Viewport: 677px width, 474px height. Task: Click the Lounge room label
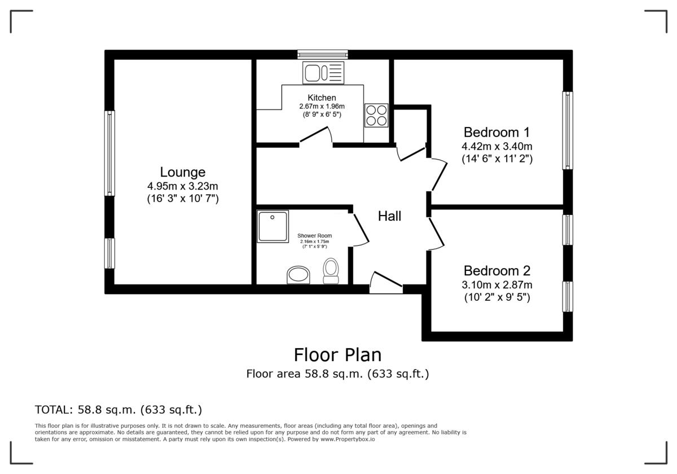click(x=182, y=172)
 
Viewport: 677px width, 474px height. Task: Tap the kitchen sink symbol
click(x=323, y=73)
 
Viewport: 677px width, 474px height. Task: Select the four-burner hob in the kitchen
click(x=376, y=115)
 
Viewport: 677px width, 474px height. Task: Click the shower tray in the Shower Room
click(x=273, y=226)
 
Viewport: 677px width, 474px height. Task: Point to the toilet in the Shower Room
click(x=331, y=270)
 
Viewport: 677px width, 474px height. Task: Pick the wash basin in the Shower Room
click(x=298, y=275)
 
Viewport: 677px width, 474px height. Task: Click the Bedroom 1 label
click(x=496, y=133)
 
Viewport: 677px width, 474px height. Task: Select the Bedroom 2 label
click(x=496, y=271)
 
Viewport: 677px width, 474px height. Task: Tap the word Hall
click(x=389, y=216)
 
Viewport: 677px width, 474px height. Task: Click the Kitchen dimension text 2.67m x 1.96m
click(x=322, y=106)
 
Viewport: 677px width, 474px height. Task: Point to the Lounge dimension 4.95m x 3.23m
click(x=182, y=186)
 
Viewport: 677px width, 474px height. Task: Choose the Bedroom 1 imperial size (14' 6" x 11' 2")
click(x=496, y=159)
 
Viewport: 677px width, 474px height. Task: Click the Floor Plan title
click(x=337, y=355)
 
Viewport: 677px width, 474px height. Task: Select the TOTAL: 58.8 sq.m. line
click(x=118, y=410)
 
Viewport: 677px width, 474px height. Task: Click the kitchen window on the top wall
click(x=323, y=54)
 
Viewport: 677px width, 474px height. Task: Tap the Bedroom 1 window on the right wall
click(x=567, y=130)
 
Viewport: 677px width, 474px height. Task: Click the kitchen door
click(x=315, y=137)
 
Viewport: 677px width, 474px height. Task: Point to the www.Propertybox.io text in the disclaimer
click(x=348, y=438)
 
